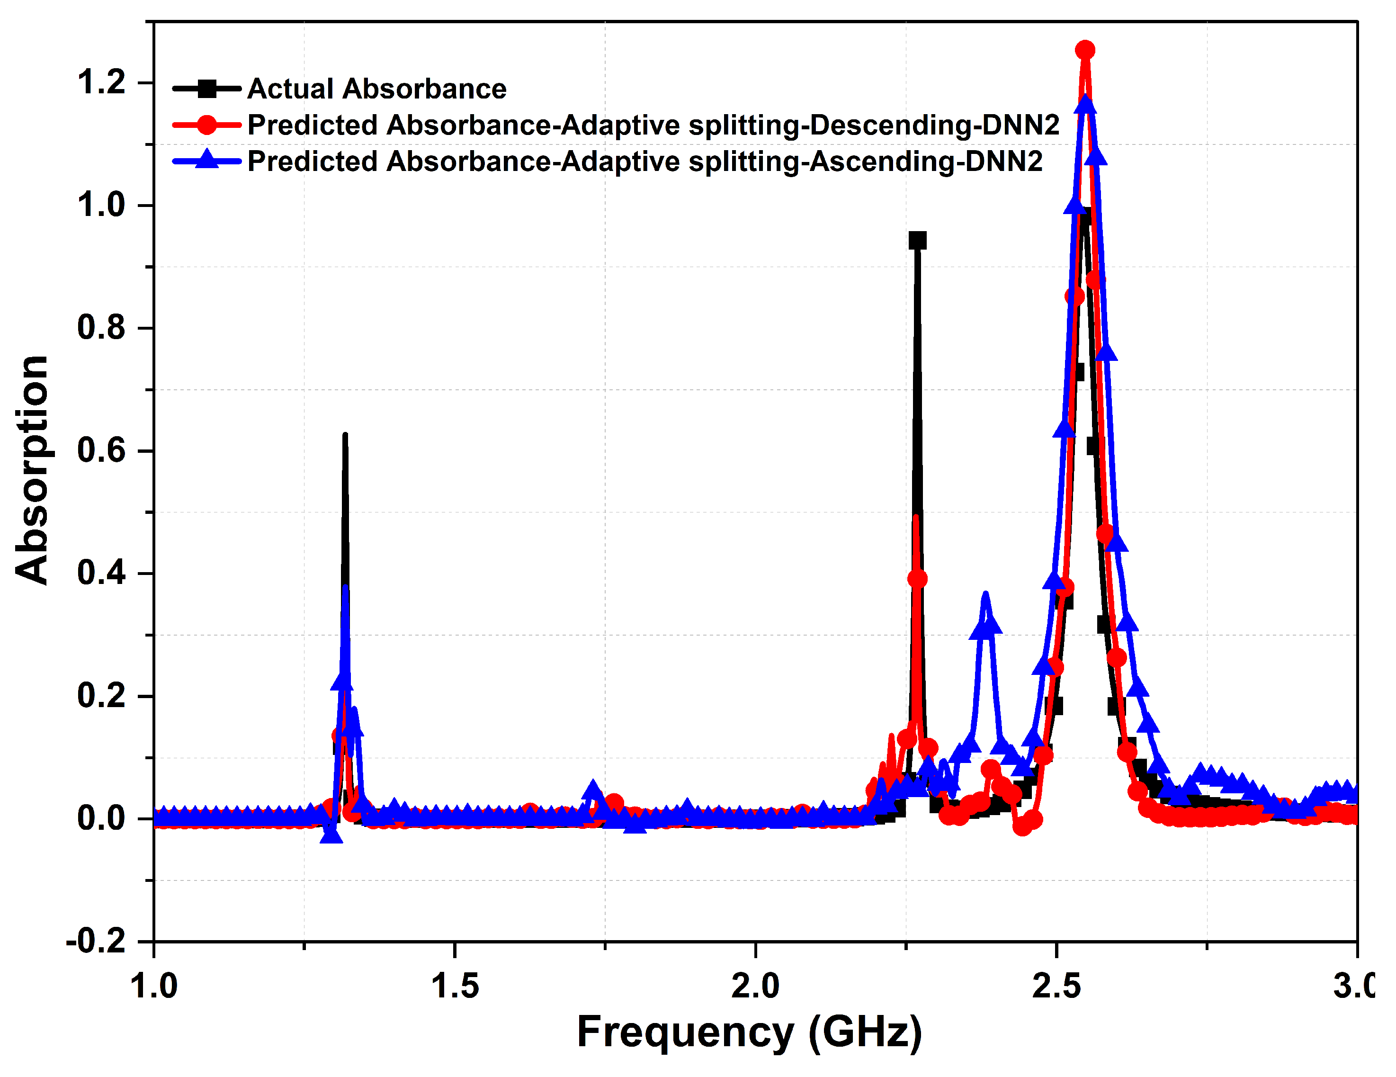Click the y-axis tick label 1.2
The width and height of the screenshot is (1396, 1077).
(101, 82)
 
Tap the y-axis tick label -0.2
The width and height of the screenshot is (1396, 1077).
(96, 942)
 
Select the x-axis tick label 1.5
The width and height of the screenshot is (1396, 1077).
(455, 986)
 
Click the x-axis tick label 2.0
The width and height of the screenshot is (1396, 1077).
(755, 986)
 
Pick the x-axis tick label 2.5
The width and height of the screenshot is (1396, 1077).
(1056, 986)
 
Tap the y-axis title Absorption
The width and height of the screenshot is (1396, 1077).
(32, 470)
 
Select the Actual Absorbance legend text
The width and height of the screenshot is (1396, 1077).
(376, 89)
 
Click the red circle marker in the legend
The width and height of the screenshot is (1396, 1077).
(206, 125)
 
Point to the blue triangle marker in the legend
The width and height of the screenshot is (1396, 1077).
(206, 160)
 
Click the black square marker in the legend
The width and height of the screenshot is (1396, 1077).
(206, 89)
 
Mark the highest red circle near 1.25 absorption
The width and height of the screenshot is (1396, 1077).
(1085, 50)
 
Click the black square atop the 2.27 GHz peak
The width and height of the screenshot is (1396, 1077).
(917, 241)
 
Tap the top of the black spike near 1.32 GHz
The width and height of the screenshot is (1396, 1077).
(345, 436)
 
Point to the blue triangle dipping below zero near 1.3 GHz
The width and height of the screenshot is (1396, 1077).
(331, 834)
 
